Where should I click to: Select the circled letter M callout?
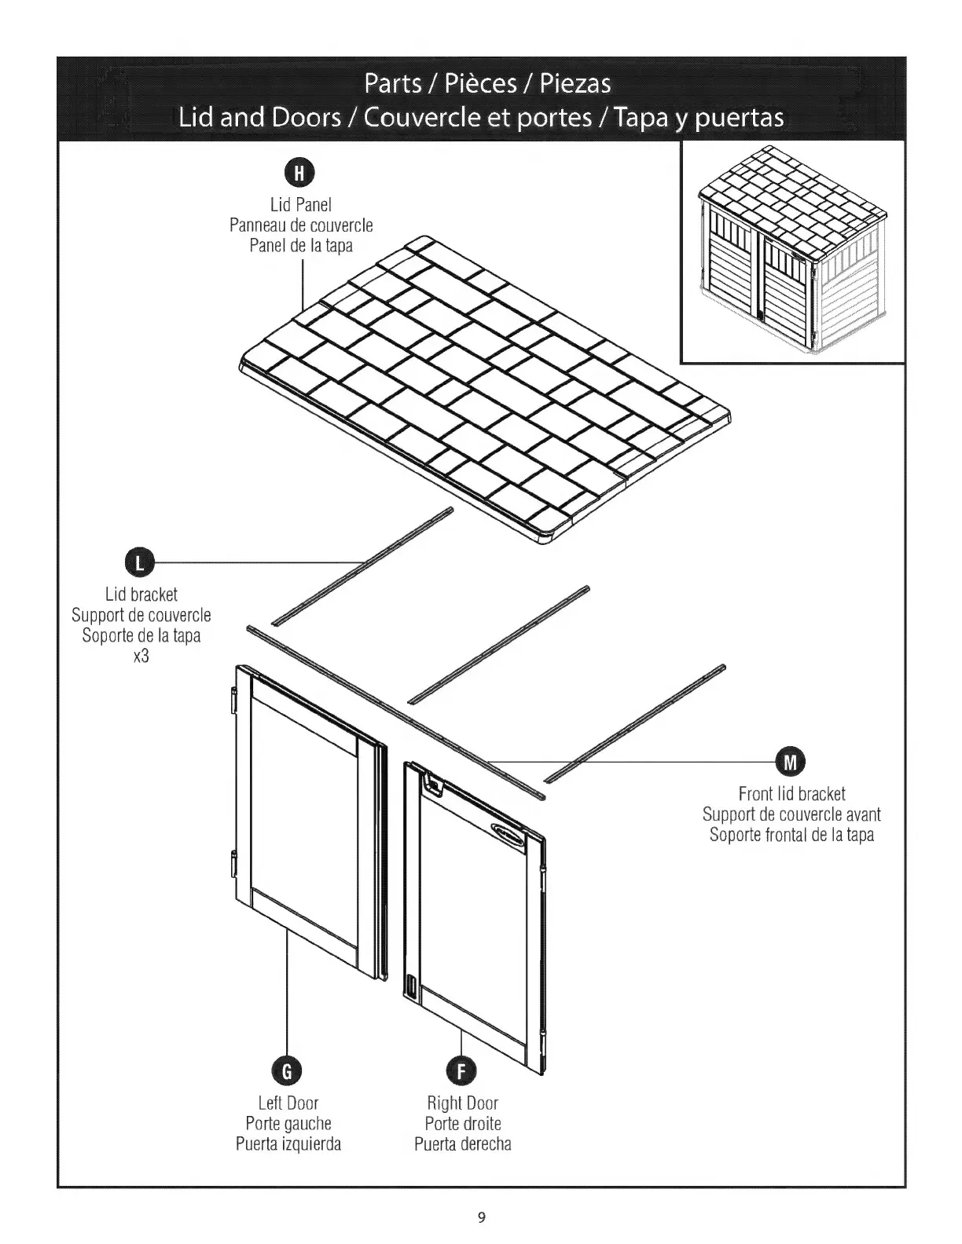791,762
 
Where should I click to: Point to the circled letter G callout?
288,1071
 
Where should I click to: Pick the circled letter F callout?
461,1071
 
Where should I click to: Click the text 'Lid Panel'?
301,205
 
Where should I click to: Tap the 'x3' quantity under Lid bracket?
141,655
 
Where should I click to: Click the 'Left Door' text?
288,1103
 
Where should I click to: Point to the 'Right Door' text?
462,1103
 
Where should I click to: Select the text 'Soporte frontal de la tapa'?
791,835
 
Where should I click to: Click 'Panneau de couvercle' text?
301,225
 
